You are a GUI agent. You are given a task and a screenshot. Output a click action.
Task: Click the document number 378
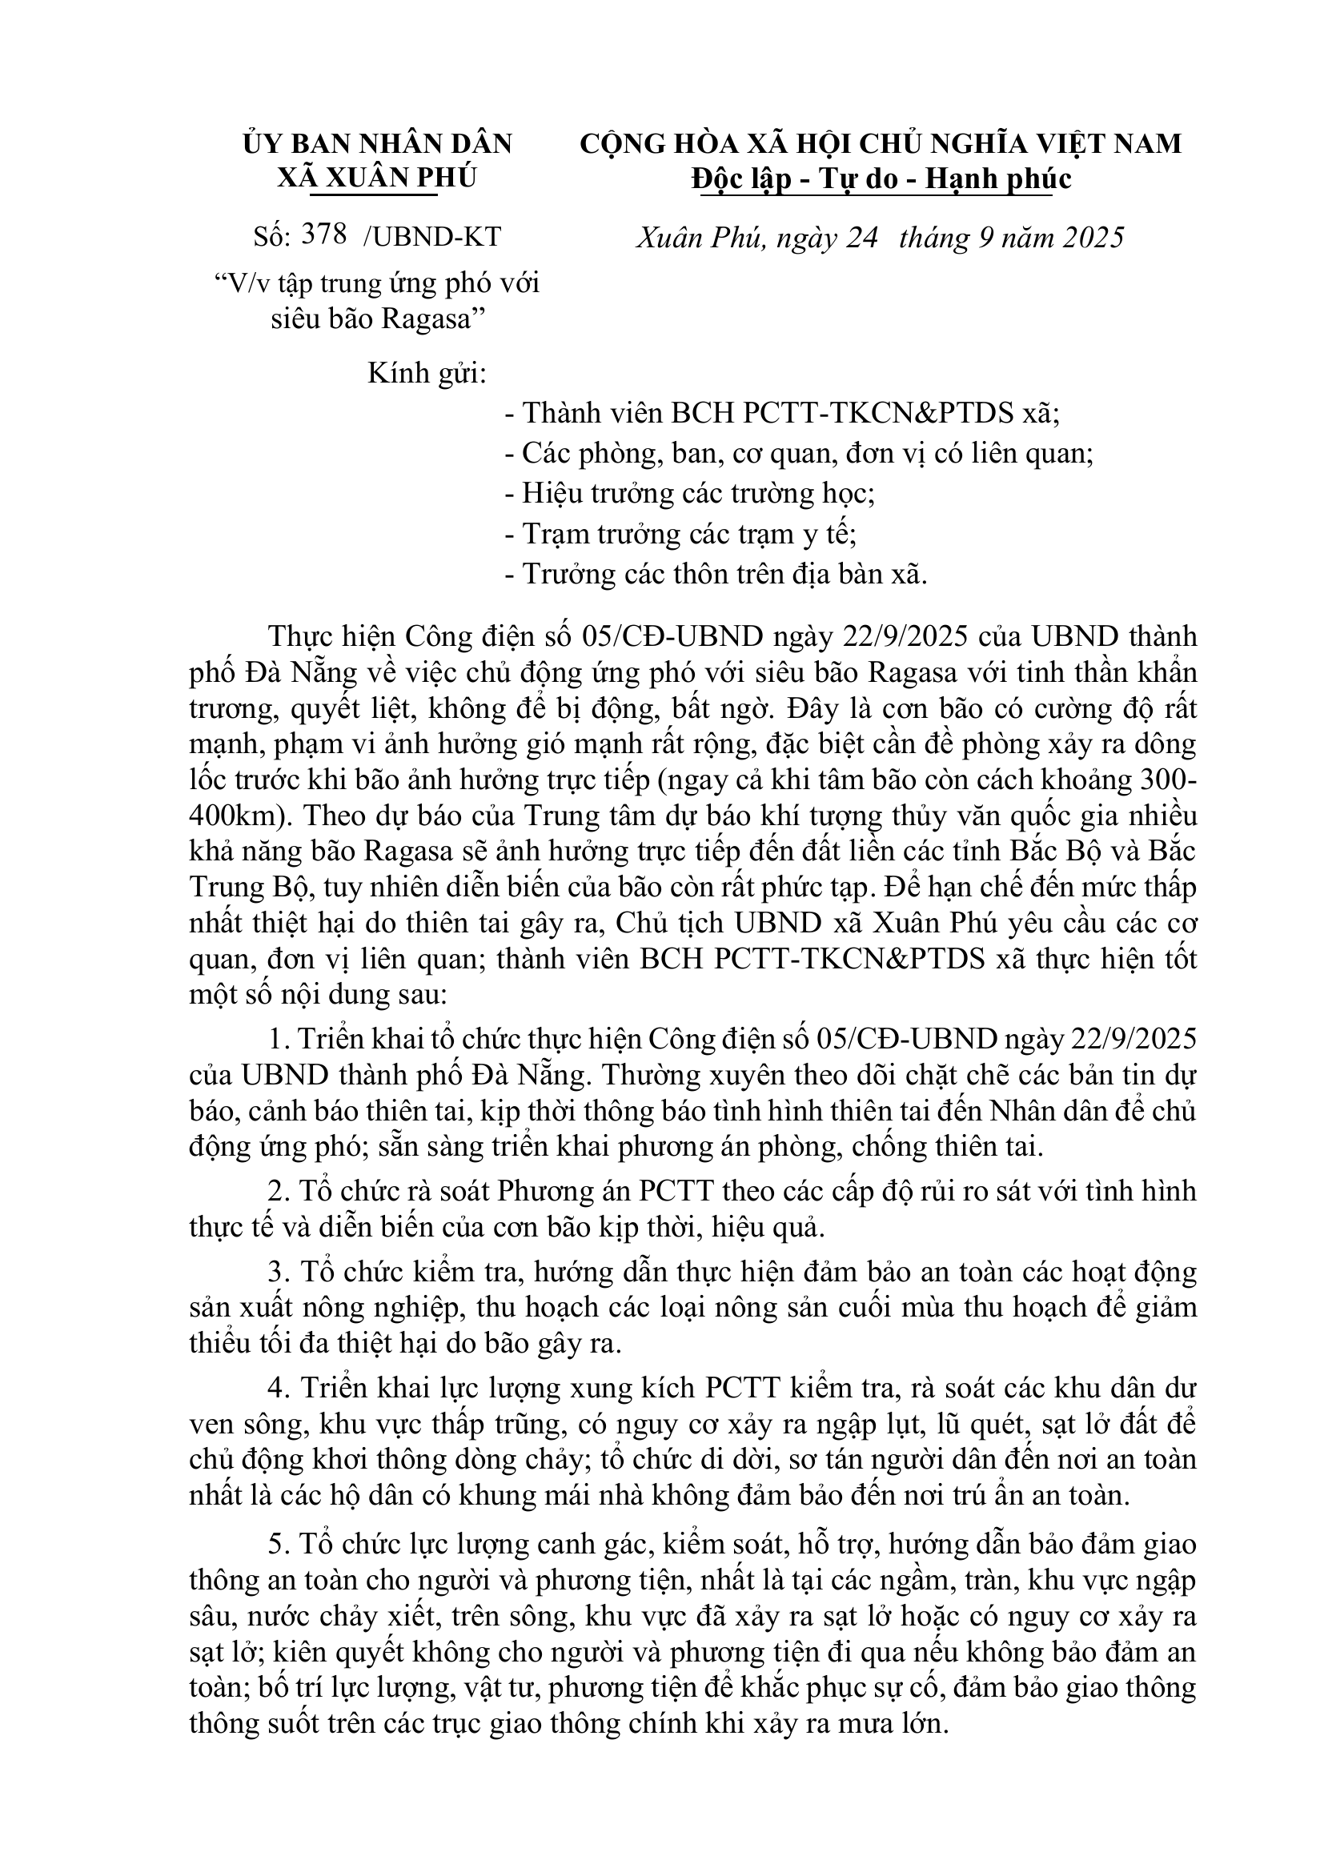click(323, 235)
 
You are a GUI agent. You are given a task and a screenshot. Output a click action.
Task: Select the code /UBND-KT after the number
click(431, 236)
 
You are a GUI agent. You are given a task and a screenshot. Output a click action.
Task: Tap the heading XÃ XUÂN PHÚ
click(376, 178)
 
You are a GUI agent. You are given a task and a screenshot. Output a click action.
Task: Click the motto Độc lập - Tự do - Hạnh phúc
click(881, 178)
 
